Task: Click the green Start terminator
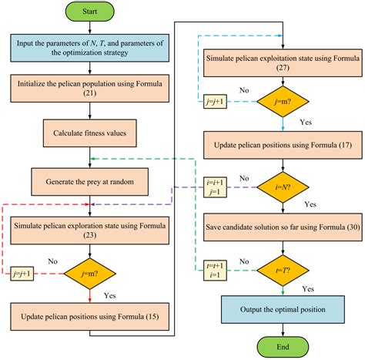(x=90, y=13)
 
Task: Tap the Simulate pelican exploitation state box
(x=283, y=62)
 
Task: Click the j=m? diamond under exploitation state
(x=283, y=104)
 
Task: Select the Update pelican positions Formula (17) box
(x=283, y=144)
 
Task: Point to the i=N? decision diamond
(x=283, y=187)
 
